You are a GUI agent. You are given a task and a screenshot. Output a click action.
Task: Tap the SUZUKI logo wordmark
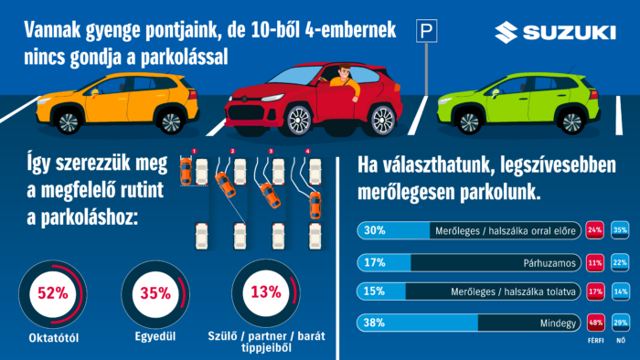[555, 34]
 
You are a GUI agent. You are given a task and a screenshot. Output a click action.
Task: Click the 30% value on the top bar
[376, 231]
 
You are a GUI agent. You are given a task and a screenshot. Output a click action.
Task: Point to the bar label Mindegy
[558, 323]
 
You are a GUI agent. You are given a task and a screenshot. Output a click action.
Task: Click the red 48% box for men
[595, 323]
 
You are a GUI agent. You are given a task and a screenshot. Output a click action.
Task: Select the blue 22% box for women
[622, 263]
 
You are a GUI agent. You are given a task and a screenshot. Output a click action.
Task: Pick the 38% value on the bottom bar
[376, 323]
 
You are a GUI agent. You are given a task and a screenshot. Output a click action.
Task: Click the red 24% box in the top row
[595, 231]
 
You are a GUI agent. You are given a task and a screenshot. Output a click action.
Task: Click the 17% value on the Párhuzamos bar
[375, 263]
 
